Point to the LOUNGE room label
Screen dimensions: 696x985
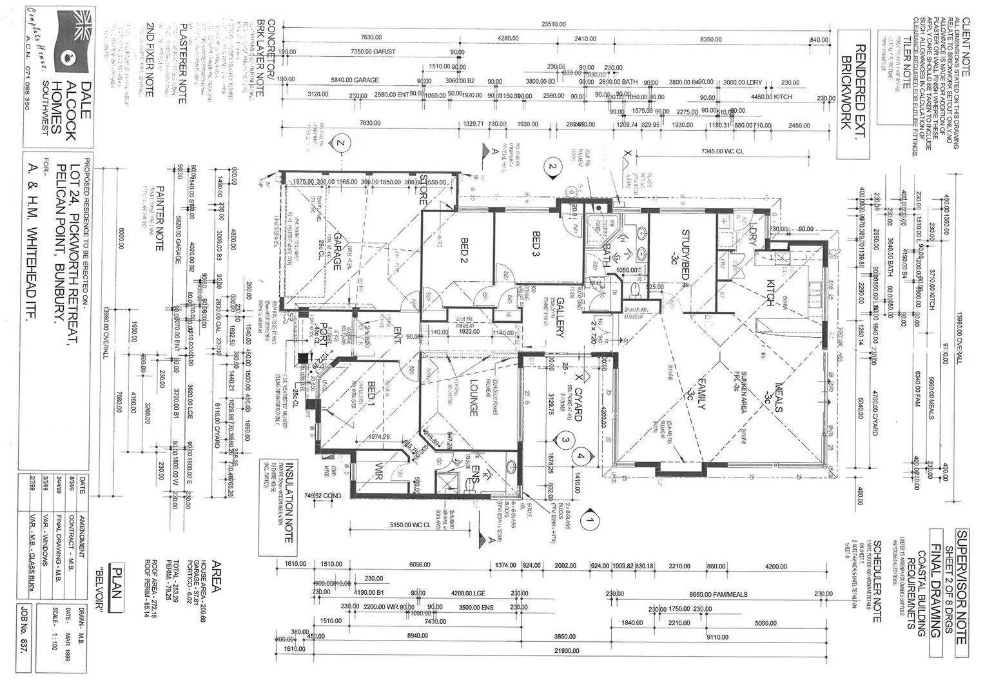[473, 398]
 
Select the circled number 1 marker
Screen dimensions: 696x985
[590, 516]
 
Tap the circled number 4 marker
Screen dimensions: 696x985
[581, 455]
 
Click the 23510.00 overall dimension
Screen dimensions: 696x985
[554, 24]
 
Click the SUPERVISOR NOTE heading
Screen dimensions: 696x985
[961, 586]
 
